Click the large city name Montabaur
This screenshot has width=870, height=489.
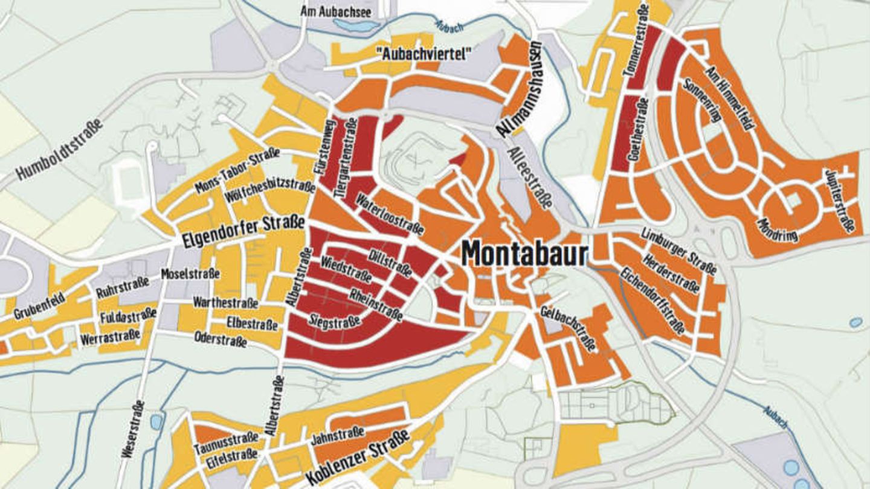[x=524, y=254]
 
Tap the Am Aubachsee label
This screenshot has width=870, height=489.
[x=337, y=11]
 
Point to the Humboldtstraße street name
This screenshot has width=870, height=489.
[x=59, y=149]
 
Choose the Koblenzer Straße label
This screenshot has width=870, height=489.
[x=358, y=457]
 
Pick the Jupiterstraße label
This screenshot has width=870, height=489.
[x=840, y=200]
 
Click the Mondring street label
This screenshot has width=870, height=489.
[x=776, y=228]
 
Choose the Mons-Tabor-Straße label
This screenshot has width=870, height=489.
[x=237, y=171]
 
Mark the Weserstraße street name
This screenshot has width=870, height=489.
[x=132, y=429]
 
